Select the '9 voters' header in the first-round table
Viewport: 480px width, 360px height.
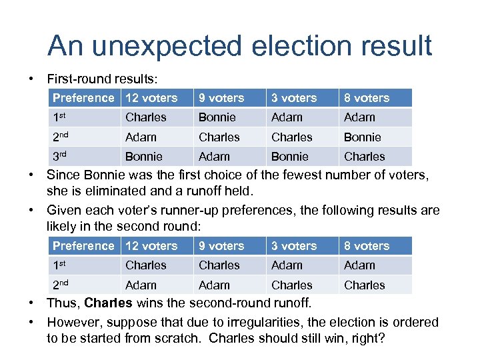[x=221, y=98]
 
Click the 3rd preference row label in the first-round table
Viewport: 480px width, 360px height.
[x=61, y=156]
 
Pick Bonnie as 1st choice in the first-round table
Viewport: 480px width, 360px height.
[x=217, y=117]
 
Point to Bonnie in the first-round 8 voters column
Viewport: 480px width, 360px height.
[x=362, y=137]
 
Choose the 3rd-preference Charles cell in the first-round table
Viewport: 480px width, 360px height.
[x=364, y=157]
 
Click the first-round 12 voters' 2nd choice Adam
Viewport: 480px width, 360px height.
[x=141, y=137]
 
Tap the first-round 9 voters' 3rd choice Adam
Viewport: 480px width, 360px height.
[x=214, y=157]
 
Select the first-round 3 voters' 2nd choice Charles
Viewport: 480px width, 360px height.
[x=291, y=137]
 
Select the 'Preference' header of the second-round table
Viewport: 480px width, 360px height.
[x=83, y=246]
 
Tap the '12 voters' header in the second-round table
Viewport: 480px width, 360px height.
[x=151, y=246]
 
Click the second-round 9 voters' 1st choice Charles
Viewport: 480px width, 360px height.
[x=219, y=265]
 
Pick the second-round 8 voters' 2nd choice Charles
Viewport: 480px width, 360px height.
[x=364, y=285]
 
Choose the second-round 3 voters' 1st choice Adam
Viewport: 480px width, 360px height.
[x=287, y=265]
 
